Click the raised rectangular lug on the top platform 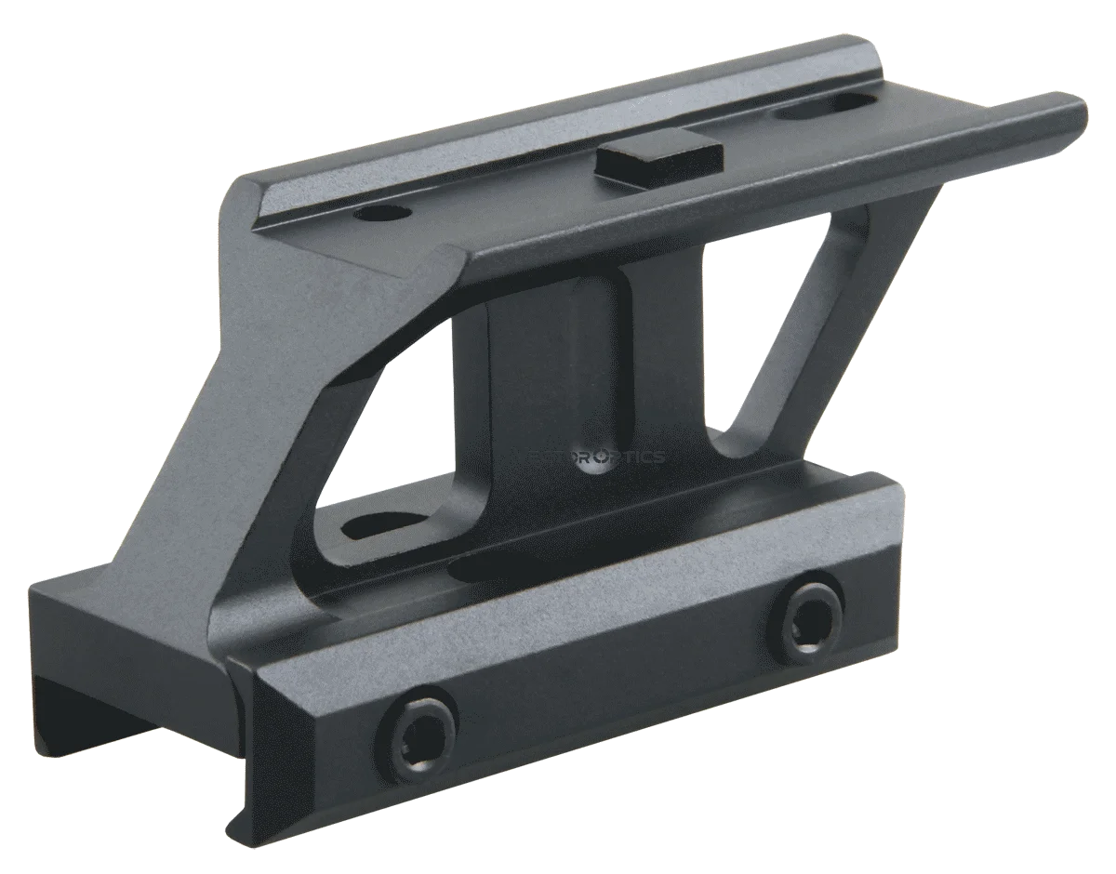point(661,160)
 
